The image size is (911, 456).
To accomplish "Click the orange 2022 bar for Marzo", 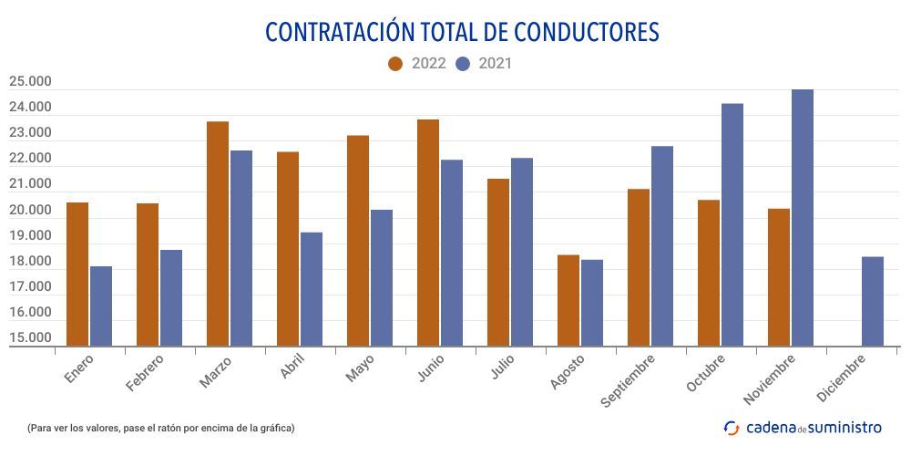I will click(218, 233).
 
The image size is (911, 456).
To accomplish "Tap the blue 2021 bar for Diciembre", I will click(873, 301).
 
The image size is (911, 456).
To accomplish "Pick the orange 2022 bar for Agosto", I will click(568, 300).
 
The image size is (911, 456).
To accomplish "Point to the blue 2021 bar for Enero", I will click(101, 306).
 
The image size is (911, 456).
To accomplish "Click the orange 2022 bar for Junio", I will click(428, 233).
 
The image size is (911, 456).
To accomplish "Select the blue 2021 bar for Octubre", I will click(732, 224).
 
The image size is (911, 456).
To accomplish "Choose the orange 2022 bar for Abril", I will click(288, 248).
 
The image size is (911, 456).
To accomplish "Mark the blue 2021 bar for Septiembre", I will click(662, 245).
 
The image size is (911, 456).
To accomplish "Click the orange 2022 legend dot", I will click(395, 64).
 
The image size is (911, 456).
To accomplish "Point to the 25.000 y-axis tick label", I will click(30, 82).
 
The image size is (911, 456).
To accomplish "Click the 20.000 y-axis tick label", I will click(30, 211).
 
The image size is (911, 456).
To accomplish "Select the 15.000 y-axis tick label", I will click(30, 338).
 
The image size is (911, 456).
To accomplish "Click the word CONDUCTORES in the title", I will click(587, 32).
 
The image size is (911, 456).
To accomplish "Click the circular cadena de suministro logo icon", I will click(732, 427).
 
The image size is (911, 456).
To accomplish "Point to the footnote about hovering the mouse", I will click(161, 428).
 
